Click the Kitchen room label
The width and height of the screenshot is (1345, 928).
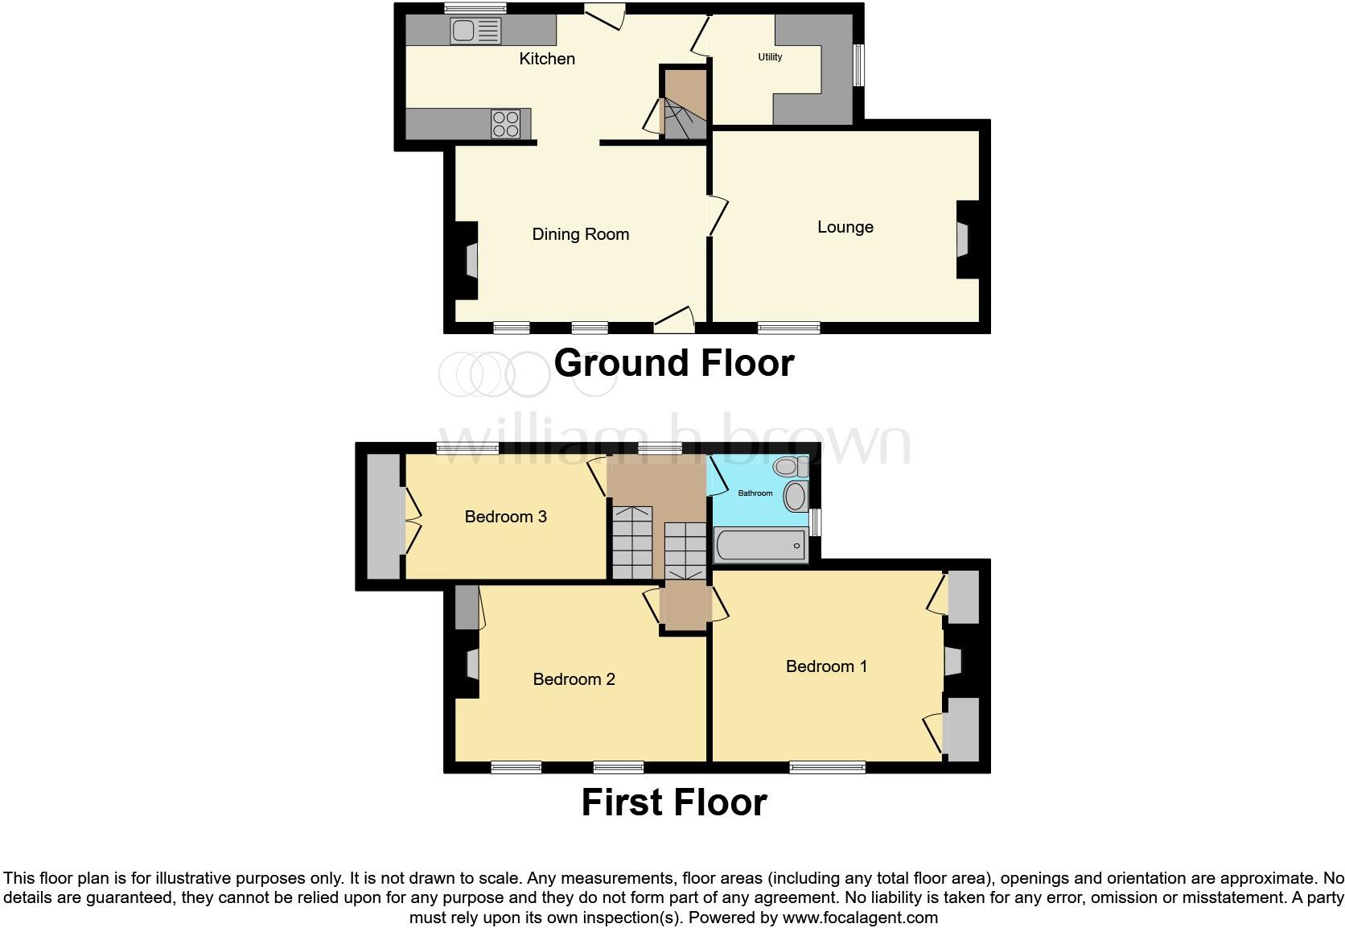coord(547,59)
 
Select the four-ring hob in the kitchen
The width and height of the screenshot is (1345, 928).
coord(506,124)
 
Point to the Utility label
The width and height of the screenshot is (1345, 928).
coord(770,57)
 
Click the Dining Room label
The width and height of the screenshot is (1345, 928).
coord(580,234)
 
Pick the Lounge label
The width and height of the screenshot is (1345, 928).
coord(845,227)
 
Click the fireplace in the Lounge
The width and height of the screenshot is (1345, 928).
coord(963,239)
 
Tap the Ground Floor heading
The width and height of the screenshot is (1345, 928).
coord(673,363)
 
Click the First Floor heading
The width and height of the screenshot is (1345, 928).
coord(673,802)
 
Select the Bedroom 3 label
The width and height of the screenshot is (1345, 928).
coord(505,517)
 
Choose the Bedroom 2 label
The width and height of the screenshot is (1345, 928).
coord(574,679)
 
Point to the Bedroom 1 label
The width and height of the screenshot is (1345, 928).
coord(826,666)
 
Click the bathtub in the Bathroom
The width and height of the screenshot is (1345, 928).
coord(759,546)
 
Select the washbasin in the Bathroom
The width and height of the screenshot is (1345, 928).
coord(796,497)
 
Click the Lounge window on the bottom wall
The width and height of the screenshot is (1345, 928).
coord(788,328)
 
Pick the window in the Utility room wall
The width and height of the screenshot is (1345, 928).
coord(858,64)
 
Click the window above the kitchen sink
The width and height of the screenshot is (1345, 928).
coord(475,8)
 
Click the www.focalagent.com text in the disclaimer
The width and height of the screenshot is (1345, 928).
coord(860,917)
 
